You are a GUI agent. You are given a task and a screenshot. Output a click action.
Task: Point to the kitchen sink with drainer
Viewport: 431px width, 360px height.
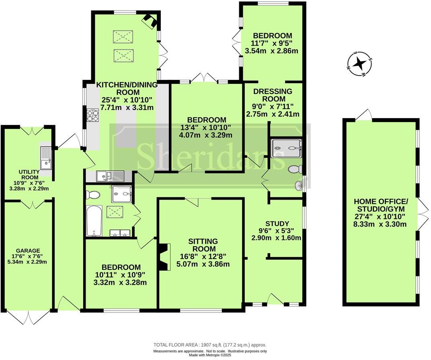110,175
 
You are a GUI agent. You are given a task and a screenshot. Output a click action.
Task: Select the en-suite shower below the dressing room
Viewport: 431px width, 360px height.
286,148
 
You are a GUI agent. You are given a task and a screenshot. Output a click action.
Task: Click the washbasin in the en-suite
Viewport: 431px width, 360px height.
298,186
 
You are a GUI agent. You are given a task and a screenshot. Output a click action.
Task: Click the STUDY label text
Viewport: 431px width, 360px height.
277,224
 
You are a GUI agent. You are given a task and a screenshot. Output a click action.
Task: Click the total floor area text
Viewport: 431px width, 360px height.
210,345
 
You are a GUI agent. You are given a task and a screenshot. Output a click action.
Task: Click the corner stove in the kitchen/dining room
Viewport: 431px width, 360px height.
150,20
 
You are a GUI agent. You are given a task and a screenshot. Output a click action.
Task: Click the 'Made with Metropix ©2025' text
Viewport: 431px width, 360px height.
210,355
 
